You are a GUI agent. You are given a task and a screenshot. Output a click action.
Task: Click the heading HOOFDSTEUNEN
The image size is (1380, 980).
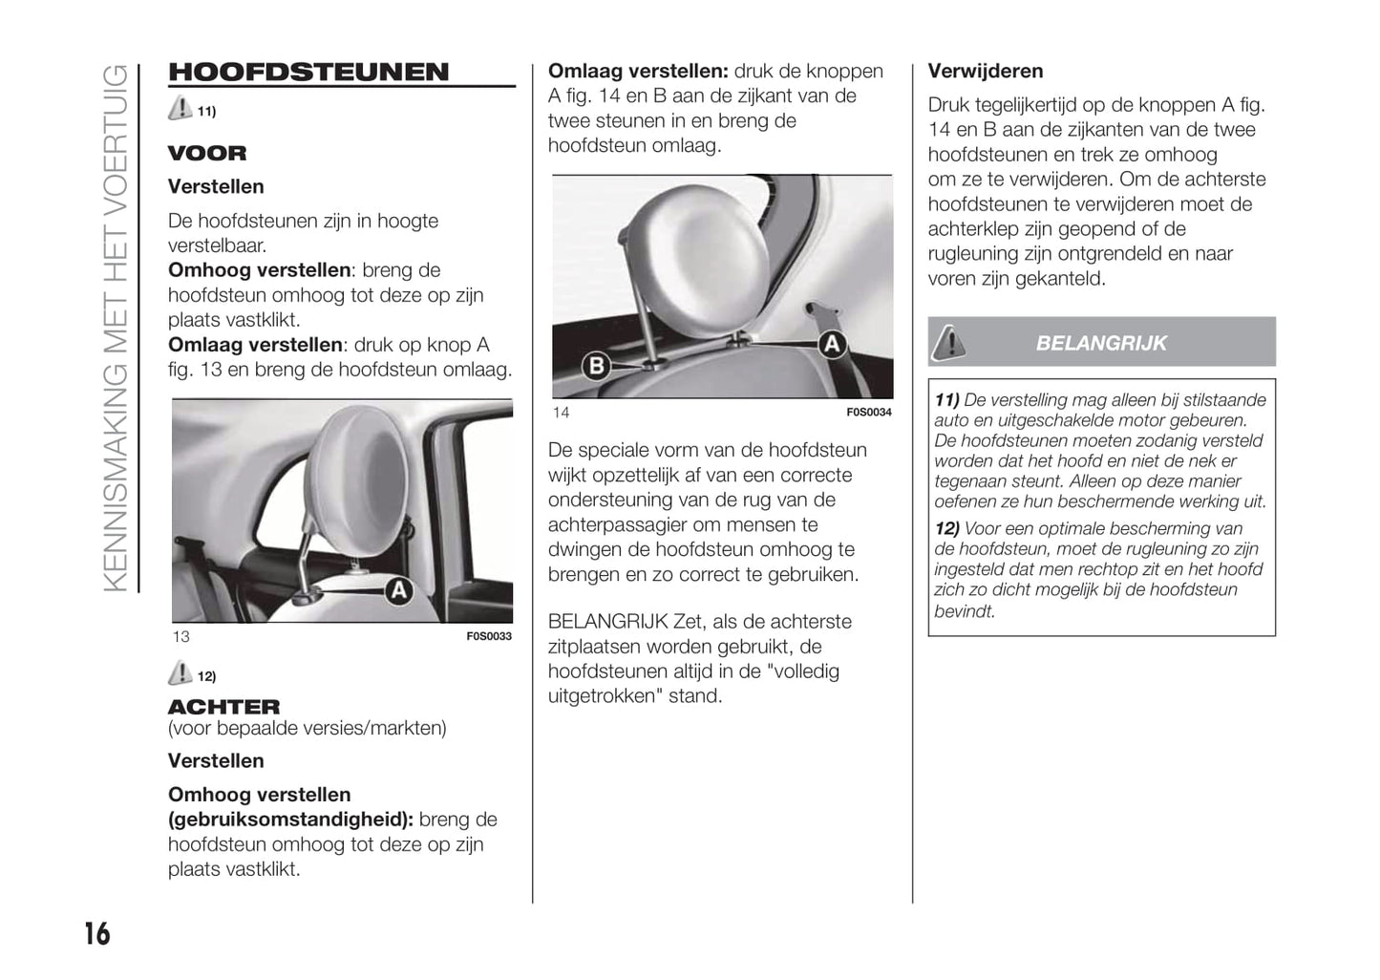coord(308,72)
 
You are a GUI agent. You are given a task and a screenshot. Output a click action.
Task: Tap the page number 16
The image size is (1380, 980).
coord(96,932)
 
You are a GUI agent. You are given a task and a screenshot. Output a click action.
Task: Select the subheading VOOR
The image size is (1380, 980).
coord(207,153)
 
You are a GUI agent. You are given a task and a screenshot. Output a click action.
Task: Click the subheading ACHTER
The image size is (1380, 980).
coord(224,707)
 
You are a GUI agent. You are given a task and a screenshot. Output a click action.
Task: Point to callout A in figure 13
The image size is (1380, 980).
coord(398,591)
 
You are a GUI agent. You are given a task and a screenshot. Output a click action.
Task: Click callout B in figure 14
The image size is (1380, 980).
coord(596,365)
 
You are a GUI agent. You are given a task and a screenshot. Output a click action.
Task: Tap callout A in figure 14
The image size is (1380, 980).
coord(832,344)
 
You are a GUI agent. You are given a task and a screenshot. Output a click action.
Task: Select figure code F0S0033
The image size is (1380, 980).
coord(489,636)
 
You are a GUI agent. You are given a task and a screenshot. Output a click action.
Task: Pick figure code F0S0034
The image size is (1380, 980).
coord(869,413)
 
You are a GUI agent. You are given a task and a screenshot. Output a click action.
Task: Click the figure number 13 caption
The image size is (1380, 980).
coord(181,637)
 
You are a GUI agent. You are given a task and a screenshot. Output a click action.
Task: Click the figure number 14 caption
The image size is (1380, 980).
coord(561,413)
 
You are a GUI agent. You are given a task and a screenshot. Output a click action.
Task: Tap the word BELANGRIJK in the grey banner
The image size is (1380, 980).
coord(1101,343)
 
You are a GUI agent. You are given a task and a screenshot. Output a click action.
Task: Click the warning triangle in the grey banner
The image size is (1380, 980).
coord(948,342)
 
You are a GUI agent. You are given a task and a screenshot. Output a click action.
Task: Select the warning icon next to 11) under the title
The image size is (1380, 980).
coord(180,109)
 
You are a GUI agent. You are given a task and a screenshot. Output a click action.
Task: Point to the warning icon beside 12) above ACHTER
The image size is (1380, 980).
coord(180,674)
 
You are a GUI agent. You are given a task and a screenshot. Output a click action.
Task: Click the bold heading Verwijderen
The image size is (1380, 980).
coord(986,71)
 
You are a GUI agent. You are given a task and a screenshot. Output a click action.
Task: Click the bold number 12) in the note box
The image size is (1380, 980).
coord(946,528)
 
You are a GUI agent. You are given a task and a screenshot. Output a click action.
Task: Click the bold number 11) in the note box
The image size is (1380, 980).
coord(946,400)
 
